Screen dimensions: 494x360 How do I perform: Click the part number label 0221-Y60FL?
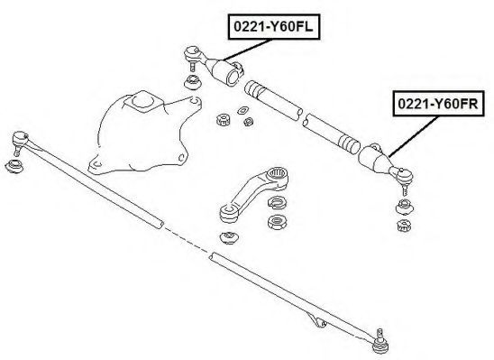pyautogui.click(x=274, y=27)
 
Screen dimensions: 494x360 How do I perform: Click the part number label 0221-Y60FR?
pyautogui.click(x=438, y=104)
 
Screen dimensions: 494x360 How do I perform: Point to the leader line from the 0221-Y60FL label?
pyautogui.click(x=247, y=50)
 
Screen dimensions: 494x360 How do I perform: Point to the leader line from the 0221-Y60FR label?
pyautogui.click(x=414, y=136)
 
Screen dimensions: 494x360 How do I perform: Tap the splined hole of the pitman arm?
pyautogui.click(x=278, y=173)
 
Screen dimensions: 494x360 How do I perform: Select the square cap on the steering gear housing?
pyautogui.click(x=143, y=101)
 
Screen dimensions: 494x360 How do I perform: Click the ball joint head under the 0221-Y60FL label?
pyautogui.click(x=192, y=52)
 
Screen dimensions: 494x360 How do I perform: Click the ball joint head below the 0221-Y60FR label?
pyautogui.click(x=405, y=175)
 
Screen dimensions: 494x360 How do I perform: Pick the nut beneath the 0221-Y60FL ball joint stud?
pyautogui.click(x=193, y=82)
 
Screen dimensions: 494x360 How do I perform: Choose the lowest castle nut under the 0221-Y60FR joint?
pyautogui.click(x=404, y=225)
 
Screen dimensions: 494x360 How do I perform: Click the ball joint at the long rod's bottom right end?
pyautogui.click(x=380, y=345)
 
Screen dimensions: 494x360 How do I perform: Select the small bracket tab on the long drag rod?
pyautogui.click(x=318, y=321)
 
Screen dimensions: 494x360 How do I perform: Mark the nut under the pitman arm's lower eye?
pyautogui.click(x=229, y=237)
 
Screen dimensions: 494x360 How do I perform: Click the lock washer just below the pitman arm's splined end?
pyautogui.click(x=278, y=202)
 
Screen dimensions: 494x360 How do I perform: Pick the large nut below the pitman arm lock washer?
pyautogui.click(x=278, y=222)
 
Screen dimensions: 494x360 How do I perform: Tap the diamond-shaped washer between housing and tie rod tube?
pyautogui.click(x=243, y=110)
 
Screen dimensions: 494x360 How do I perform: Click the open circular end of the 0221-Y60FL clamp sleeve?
pyautogui.click(x=233, y=77)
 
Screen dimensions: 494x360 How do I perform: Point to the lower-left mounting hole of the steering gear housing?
pyautogui.click(x=97, y=164)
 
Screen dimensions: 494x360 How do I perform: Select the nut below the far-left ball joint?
pyautogui.click(x=14, y=166)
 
